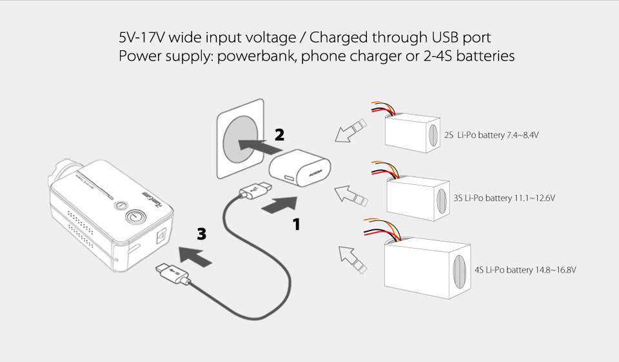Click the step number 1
click(x=297, y=224)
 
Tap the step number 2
click(x=279, y=135)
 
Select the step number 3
click(x=202, y=234)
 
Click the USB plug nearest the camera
click(x=171, y=275)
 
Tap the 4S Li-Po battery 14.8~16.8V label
click(x=524, y=270)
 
